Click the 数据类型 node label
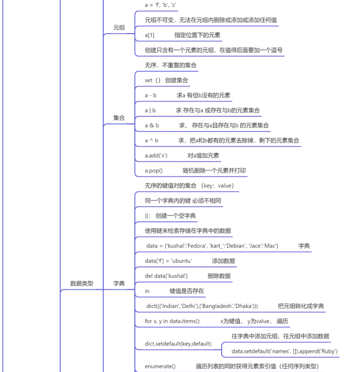tap(82, 284)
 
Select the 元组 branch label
tap(119, 27)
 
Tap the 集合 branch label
tap(119, 118)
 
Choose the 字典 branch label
tap(119, 284)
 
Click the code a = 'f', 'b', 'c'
tap(161, 5)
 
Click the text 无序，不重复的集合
tap(171, 65)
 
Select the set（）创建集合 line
tap(166, 80)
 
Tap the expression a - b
tap(151, 95)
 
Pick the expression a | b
tap(150, 110)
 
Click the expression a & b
tap(152, 125)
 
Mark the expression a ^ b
tap(151, 141)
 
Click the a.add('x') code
tap(156, 156)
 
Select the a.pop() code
tap(154, 171)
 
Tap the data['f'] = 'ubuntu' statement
tap(169, 261)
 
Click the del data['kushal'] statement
tap(166, 276)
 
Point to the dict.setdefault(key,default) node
tap(178, 344)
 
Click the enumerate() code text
tap(160, 366)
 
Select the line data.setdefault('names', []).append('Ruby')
tap(285, 351)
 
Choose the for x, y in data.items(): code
tap(173, 321)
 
